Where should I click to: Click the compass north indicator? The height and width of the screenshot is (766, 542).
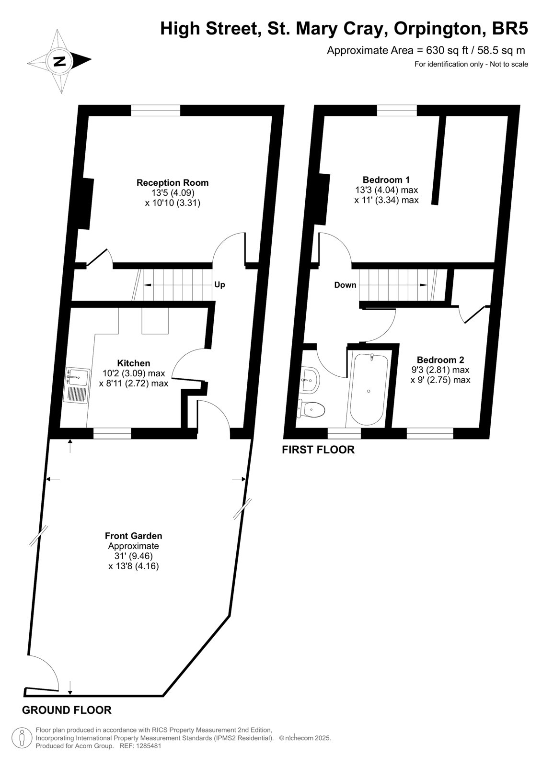click(59, 62)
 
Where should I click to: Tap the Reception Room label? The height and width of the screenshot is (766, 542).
click(173, 182)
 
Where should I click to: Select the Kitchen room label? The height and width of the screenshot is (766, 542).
click(134, 363)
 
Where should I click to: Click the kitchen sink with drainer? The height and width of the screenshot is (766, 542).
click(77, 385)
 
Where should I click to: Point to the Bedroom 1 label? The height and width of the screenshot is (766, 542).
click(386, 180)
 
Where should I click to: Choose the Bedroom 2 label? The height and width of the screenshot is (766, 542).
click(440, 360)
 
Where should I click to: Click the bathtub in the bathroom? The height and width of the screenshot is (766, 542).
click(369, 389)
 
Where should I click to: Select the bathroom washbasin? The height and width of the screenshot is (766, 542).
click(311, 380)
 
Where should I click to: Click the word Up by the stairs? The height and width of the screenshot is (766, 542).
click(219, 284)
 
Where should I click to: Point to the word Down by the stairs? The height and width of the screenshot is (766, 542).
click(345, 285)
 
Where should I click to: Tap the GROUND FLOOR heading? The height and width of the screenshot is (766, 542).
click(67, 710)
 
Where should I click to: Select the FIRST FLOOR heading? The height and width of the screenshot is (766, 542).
click(318, 450)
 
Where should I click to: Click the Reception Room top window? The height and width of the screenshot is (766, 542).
click(156, 111)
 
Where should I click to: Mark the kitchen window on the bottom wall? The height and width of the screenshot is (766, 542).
click(112, 433)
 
